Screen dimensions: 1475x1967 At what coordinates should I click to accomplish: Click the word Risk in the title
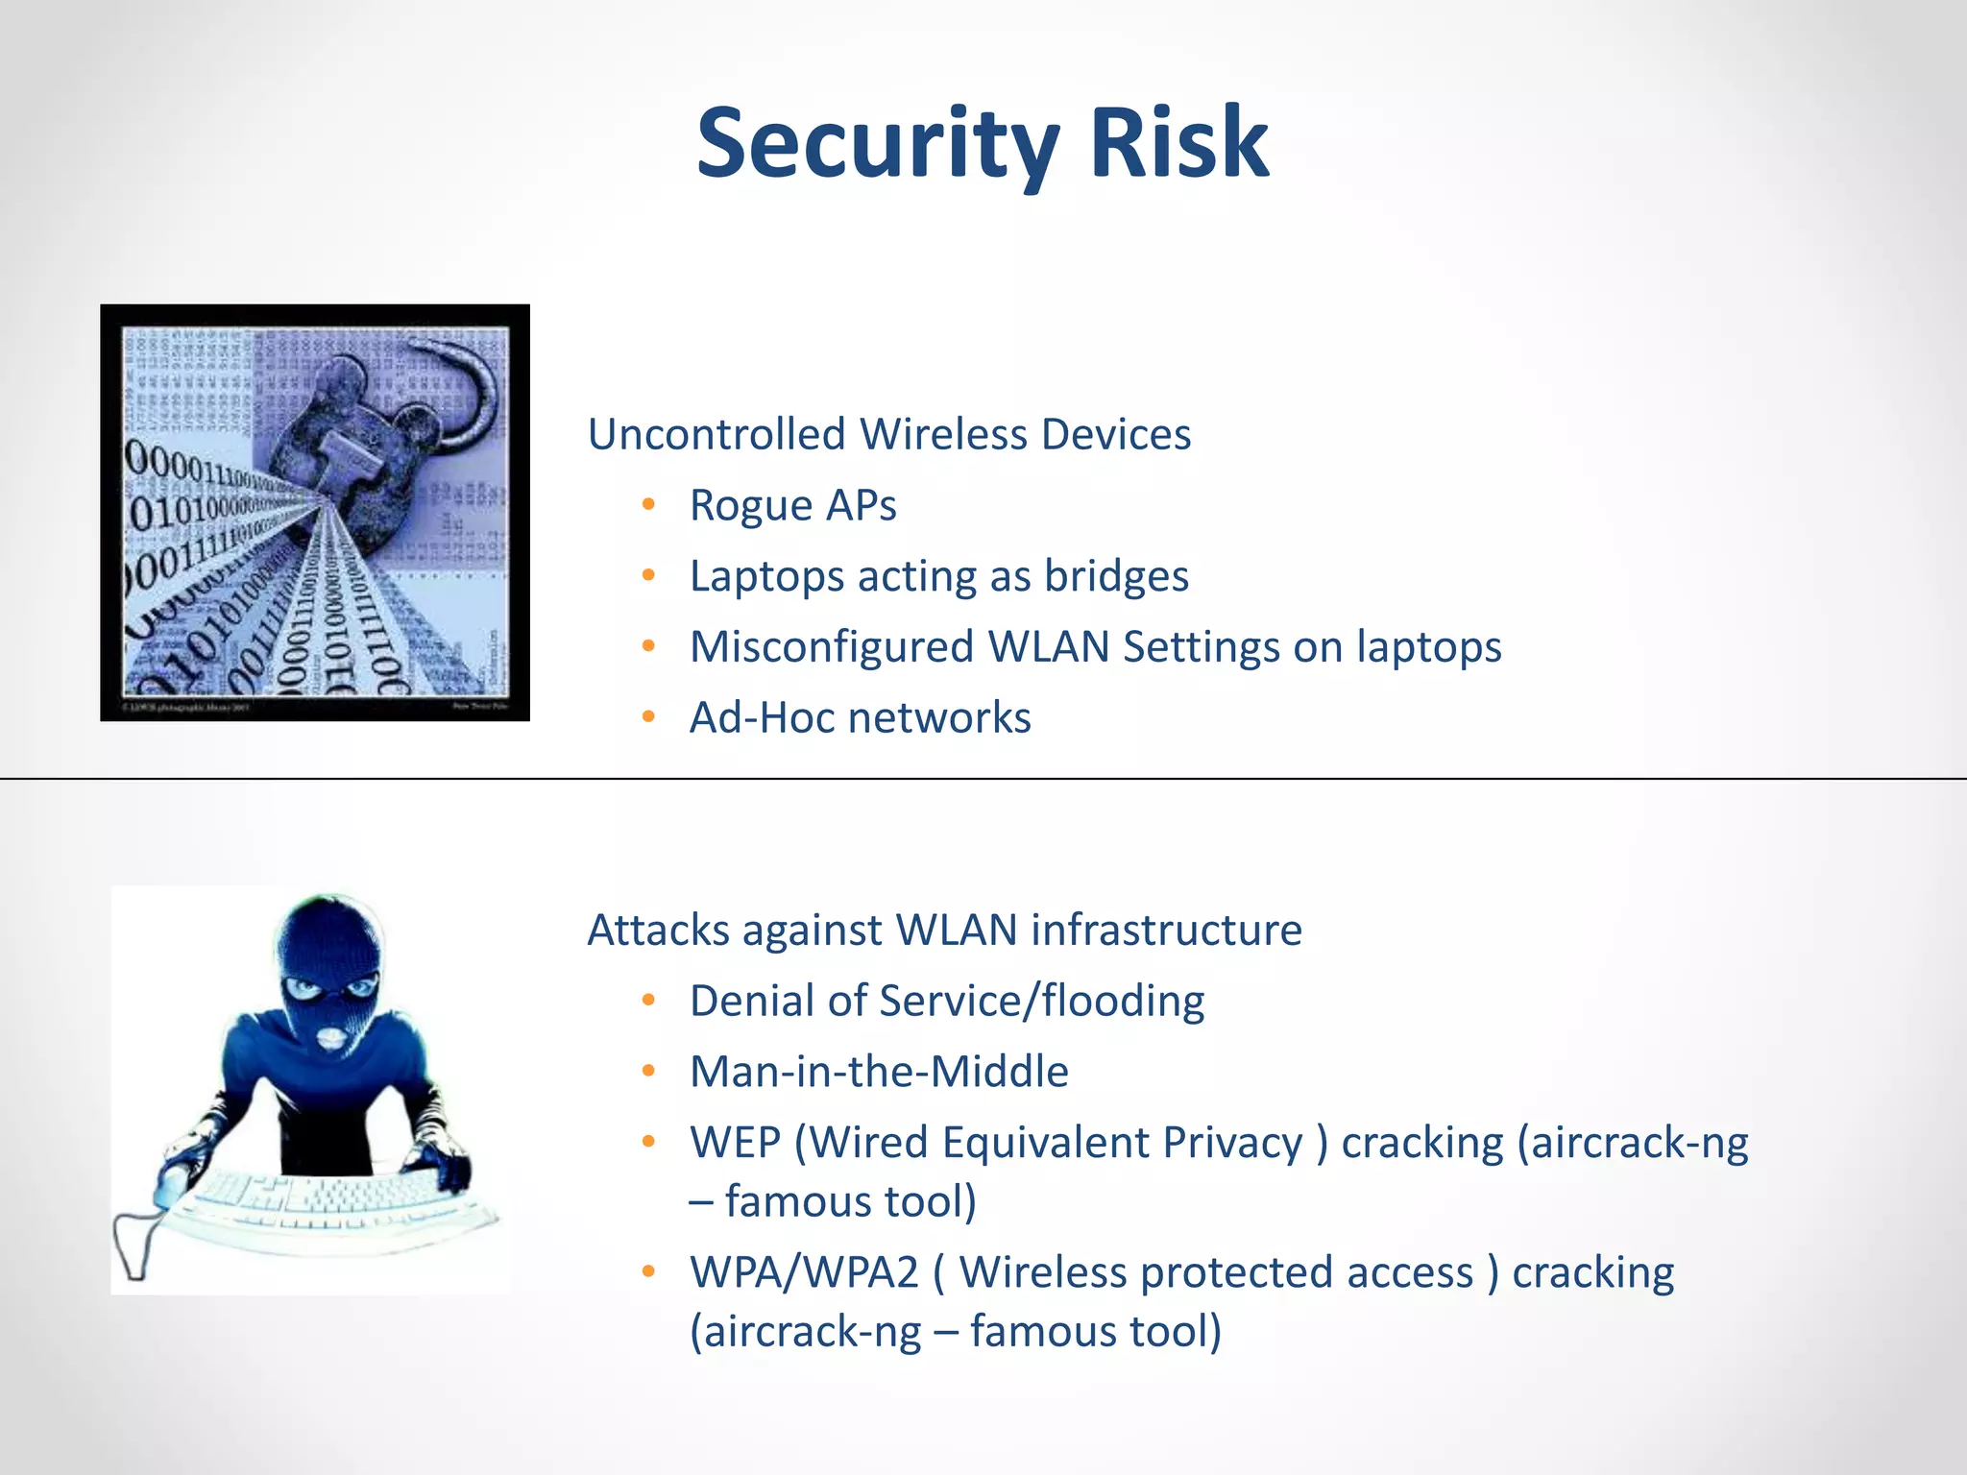pyautogui.click(x=1179, y=144)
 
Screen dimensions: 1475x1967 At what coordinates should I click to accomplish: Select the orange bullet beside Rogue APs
pyautogui.click(x=649, y=504)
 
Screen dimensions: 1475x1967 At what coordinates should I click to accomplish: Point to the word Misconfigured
pyautogui.click(x=832, y=647)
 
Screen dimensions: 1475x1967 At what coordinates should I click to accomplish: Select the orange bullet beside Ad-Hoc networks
pyautogui.click(x=649, y=716)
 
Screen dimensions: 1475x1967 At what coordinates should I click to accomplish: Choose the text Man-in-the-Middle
pyautogui.click(x=879, y=1072)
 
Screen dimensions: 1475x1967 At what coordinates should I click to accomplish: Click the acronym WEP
pyautogui.click(x=735, y=1143)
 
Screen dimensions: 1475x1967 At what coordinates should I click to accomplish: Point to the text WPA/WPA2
pyautogui.click(x=804, y=1272)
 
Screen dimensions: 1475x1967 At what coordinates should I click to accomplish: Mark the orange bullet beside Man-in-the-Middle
pyautogui.click(x=649, y=1071)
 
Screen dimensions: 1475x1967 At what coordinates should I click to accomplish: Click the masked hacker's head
pyautogui.click(x=327, y=960)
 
